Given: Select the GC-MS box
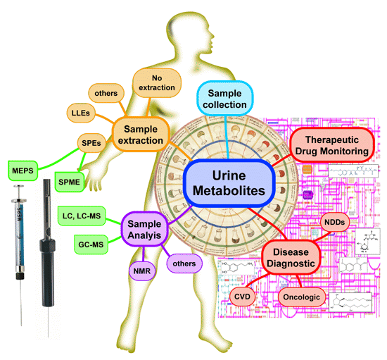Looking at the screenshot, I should tap(91, 244).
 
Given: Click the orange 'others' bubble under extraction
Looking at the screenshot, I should tap(107, 92).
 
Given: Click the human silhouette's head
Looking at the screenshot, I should tap(215, 35).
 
